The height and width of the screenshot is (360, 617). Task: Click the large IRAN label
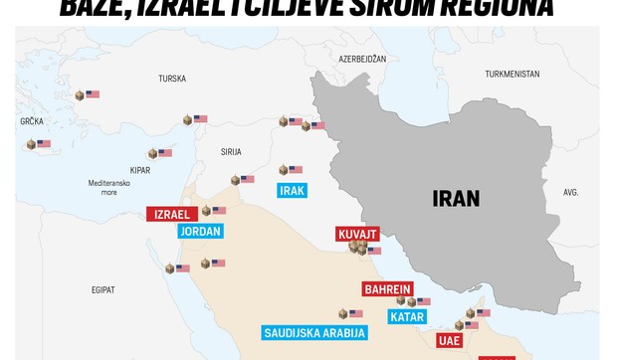click(457, 197)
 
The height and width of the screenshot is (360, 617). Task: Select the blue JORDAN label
click(200, 231)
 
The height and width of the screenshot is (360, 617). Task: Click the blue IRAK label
click(292, 190)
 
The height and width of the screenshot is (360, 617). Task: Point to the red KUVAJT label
click(358, 234)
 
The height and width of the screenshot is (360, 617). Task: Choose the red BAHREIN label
click(387, 289)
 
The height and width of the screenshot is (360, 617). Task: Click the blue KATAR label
click(406, 317)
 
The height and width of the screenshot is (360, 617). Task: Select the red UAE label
click(450, 340)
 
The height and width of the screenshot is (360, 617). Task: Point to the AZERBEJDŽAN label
click(362, 59)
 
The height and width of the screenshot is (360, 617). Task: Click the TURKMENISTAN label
click(513, 74)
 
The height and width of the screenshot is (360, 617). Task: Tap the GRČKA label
click(31, 121)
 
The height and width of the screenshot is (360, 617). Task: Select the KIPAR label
click(139, 170)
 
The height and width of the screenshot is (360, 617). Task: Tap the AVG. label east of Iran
click(570, 192)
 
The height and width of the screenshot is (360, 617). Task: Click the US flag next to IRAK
click(296, 170)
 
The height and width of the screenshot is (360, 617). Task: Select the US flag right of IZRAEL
click(219, 211)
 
